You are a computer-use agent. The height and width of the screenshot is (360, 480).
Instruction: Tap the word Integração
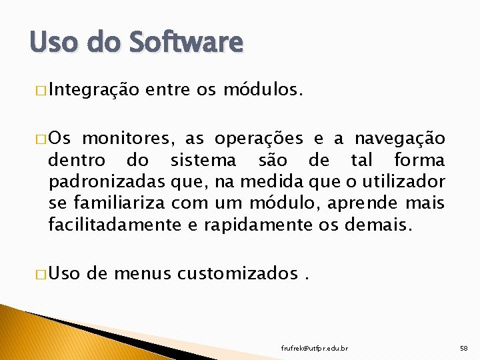(x=93, y=89)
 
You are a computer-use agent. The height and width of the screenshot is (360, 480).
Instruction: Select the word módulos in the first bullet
(x=263, y=89)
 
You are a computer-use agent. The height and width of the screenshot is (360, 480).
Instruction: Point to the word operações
(x=259, y=139)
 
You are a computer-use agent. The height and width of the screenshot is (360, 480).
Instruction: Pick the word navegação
(x=399, y=139)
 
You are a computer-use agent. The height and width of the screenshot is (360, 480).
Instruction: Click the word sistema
(x=203, y=161)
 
